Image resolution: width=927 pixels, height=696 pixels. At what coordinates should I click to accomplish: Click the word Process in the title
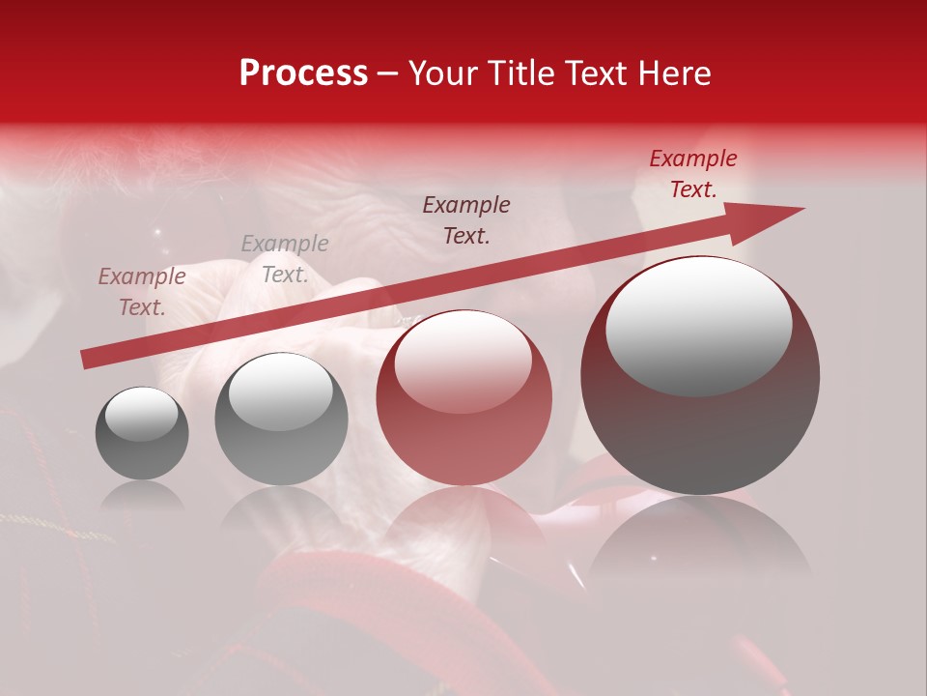303,73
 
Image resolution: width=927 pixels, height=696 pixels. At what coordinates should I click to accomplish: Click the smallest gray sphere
142,433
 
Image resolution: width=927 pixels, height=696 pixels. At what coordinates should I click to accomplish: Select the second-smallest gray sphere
281,419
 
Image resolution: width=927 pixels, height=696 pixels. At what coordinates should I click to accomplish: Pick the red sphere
464,398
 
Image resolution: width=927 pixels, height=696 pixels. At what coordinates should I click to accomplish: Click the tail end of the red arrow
87,360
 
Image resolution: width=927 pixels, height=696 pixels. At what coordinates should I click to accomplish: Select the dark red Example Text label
692,174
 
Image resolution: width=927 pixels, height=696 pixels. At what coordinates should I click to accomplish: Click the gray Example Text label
285,259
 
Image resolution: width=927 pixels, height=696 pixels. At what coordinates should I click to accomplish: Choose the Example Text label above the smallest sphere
141,292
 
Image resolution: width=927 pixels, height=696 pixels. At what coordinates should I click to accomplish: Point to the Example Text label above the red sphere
466,219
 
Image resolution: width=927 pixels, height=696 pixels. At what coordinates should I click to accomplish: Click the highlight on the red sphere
463,362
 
